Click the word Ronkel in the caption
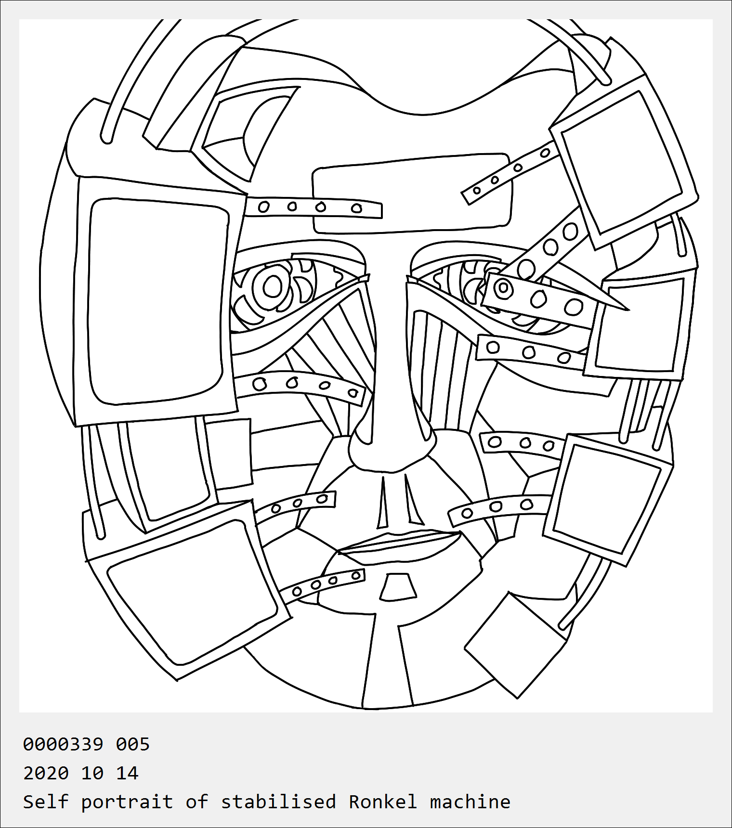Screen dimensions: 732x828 pos(383,802)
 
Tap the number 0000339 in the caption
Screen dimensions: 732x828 pos(63,744)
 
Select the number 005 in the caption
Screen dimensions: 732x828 pos(133,744)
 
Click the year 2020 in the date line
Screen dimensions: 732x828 pos(46,773)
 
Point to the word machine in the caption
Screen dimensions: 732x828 pos(470,802)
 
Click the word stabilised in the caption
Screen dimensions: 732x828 pos(278,802)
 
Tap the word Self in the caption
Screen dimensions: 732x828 pos(46,802)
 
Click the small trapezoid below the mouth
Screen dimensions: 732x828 pos(398,587)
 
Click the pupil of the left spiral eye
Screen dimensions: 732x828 pos(273,287)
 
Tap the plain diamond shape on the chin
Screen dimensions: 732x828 pos(515,645)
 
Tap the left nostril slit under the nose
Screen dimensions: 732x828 pos(383,503)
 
